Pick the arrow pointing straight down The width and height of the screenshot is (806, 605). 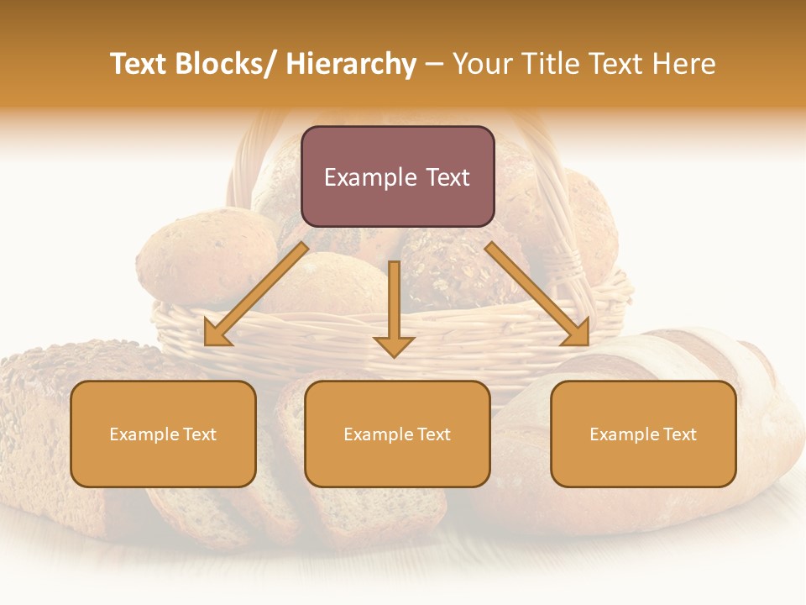point(395,302)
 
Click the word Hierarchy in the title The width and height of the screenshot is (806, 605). point(351,65)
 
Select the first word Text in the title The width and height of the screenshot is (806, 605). point(139,65)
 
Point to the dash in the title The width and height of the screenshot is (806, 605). point(434,65)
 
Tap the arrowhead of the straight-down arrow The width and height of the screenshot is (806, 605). point(395,345)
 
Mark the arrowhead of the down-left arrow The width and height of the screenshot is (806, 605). point(217,334)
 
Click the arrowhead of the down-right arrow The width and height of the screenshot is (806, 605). point(576,333)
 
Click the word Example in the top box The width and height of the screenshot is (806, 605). point(363,177)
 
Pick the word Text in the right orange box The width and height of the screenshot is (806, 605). point(679,434)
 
